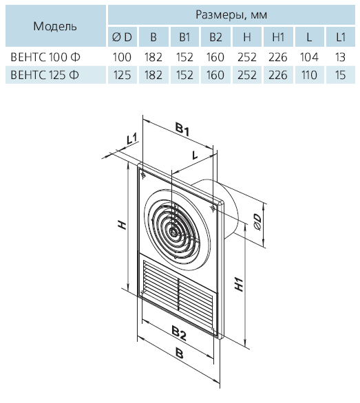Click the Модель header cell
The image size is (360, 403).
(x=55, y=26)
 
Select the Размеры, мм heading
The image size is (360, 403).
(x=231, y=14)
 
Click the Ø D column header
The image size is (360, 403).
(x=122, y=37)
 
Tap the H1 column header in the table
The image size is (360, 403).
(x=278, y=37)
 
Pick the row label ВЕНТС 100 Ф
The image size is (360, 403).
(x=45, y=57)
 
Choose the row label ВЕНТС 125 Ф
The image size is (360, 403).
(x=45, y=75)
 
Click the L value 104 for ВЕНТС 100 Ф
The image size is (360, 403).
(x=309, y=57)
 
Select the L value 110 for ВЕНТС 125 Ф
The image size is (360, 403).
(x=309, y=75)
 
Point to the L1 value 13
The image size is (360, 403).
(x=340, y=57)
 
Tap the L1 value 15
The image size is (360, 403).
(x=340, y=75)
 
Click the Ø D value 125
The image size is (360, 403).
(x=122, y=75)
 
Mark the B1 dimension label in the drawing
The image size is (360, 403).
(x=182, y=129)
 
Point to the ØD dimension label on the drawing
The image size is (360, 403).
(x=257, y=222)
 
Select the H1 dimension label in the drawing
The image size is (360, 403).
(x=239, y=284)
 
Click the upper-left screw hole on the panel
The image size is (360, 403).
(x=143, y=176)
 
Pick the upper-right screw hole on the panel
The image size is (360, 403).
(x=213, y=208)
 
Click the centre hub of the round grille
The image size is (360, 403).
(x=173, y=232)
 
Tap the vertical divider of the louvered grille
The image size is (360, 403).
(x=178, y=294)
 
